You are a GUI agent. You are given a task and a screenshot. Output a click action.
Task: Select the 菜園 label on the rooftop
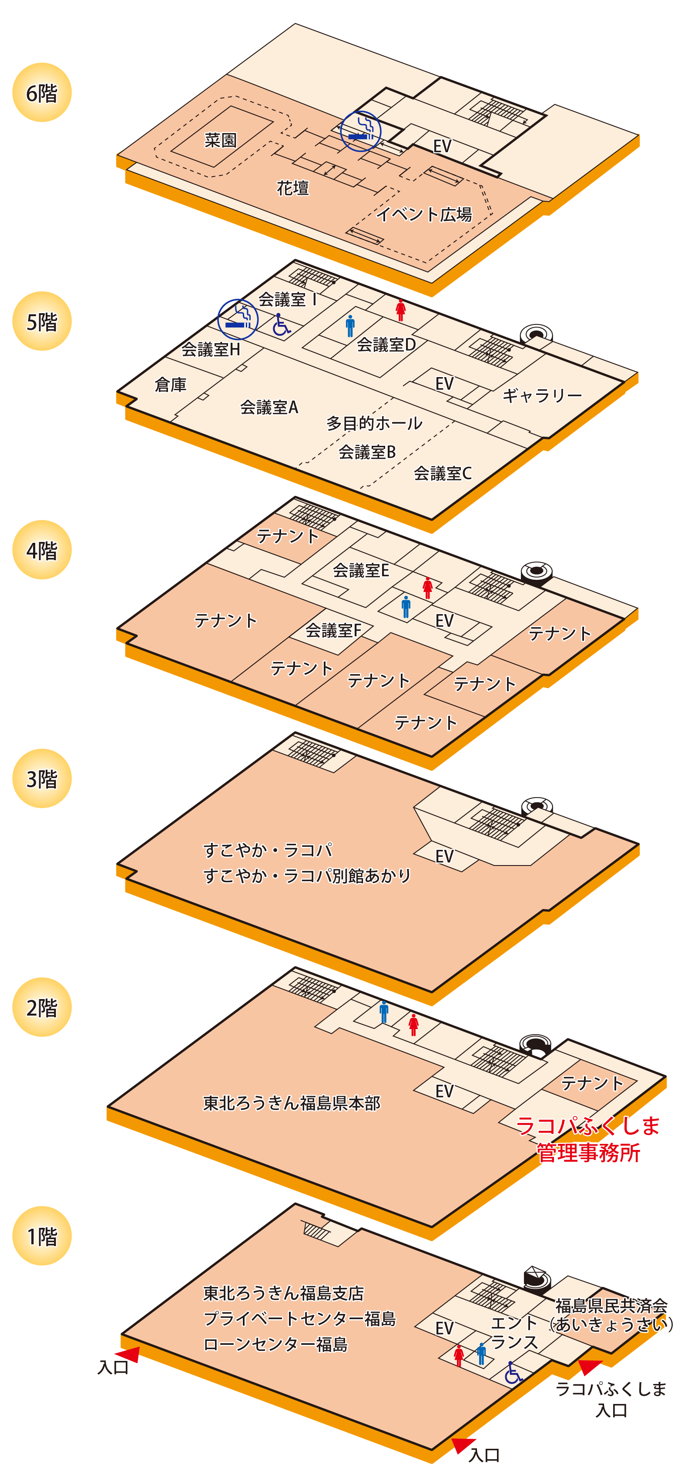coord(221,140)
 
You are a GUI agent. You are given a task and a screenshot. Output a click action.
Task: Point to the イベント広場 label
coord(424,214)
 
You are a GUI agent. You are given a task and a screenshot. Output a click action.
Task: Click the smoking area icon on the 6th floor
coord(361,131)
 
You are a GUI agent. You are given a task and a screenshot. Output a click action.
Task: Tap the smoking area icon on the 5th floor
coord(238,319)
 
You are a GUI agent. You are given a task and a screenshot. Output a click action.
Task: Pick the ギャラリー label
coord(542,395)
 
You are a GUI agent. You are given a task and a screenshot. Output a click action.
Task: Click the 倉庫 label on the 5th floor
coord(171,384)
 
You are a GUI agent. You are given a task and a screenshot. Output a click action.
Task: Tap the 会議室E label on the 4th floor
coord(361,570)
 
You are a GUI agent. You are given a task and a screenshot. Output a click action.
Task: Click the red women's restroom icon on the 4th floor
coord(427,588)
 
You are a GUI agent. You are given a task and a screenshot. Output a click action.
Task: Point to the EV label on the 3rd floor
coord(444,856)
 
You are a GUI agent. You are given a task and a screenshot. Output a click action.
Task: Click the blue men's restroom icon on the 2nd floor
coord(384,1012)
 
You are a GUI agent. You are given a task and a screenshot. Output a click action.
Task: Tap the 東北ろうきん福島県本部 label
coord(292,1103)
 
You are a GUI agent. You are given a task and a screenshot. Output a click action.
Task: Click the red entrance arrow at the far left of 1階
coord(128,1354)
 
